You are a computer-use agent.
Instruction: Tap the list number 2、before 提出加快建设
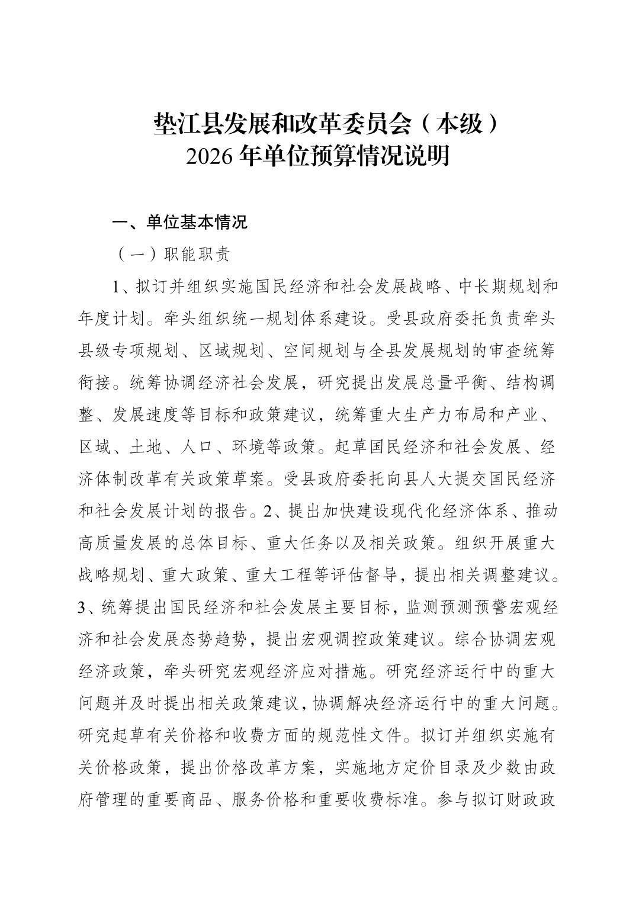pos(275,510)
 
